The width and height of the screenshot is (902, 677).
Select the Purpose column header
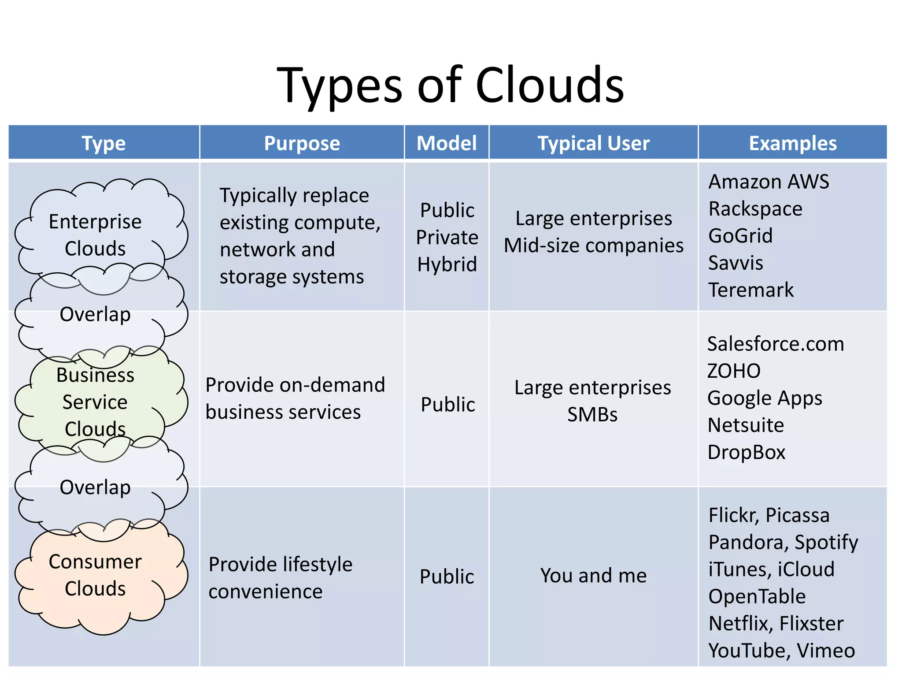coord(302,143)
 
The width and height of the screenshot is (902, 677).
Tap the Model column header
coord(447,143)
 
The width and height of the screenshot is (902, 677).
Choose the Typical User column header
coord(593,143)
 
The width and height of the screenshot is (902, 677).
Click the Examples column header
coord(792,143)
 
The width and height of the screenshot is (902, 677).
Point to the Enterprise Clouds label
coord(95,235)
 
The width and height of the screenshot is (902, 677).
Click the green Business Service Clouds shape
coord(95,402)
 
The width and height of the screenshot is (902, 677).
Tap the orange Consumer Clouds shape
coord(95,575)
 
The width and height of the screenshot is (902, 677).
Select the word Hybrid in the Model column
coord(447,264)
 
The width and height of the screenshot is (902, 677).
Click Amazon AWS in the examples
coord(769,182)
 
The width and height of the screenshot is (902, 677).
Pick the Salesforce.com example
coord(776,344)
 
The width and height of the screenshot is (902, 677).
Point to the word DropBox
coord(747,452)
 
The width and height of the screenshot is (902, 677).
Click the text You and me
coord(593,576)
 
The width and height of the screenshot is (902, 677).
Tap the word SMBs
coord(592,415)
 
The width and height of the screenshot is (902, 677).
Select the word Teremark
coord(751,290)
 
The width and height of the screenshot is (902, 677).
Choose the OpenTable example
coord(757,596)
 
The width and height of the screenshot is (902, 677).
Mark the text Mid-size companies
coord(593,246)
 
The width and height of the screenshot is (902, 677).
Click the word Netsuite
coord(746,425)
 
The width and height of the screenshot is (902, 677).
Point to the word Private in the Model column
coord(447,238)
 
